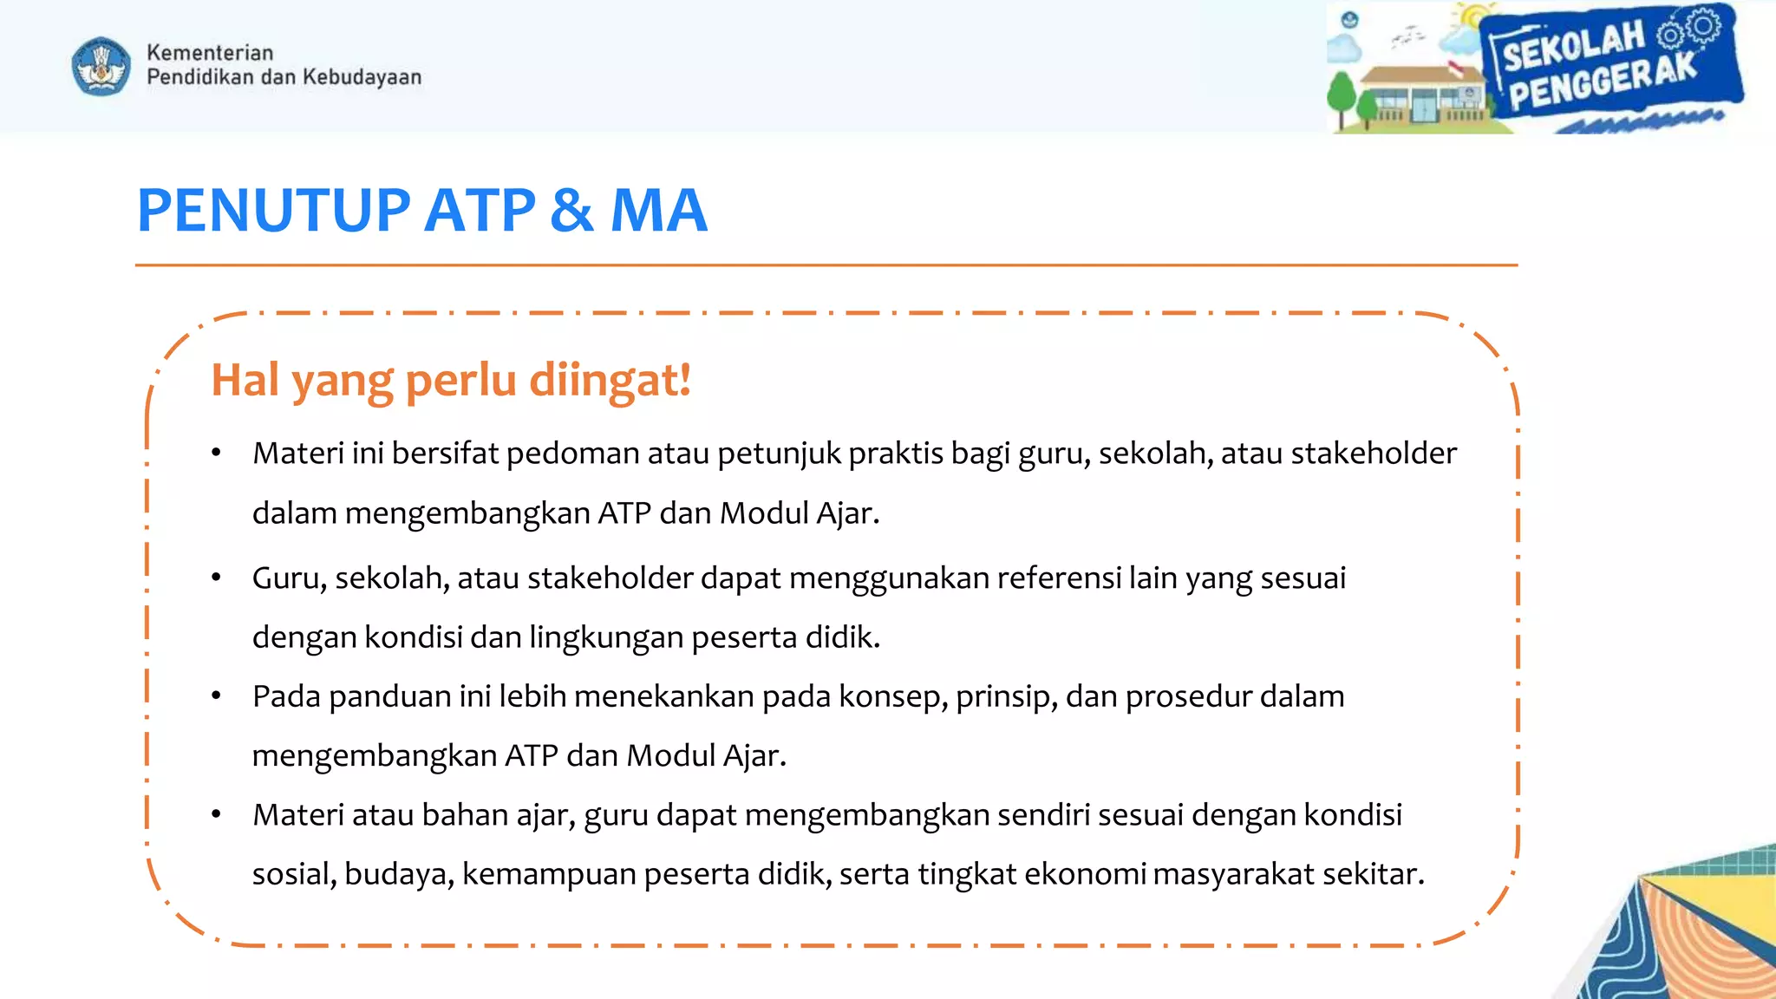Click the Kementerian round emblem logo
point(101,66)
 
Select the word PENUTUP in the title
point(274,211)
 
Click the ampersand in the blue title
point(571,211)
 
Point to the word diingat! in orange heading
point(610,381)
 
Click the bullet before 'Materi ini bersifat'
point(216,453)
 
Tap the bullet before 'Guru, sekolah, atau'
point(216,578)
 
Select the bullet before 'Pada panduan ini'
point(216,695)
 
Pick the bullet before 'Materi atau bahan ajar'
point(216,814)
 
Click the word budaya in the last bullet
point(399,874)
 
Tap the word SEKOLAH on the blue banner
point(1572,48)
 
